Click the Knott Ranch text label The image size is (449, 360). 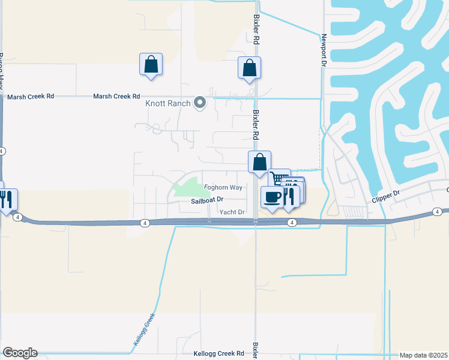pyautogui.click(x=168, y=104)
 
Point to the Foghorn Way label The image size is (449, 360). pyautogui.click(x=223, y=188)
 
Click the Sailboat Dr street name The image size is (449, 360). pyautogui.click(x=207, y=200)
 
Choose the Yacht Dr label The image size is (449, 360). pyautogui.click(x=232, y=212)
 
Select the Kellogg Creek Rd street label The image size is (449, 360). pyautogui.click(x=218, y=354)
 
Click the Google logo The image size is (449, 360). pyautogui.click(x=20, y=353)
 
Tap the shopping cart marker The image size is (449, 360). pyautogui.click(x=279, y=179)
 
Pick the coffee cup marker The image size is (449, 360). pyautogui.click(x=272, y=197)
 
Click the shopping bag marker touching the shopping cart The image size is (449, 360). pyautogui.click(x=259, y=162)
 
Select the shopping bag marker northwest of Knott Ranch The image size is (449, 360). pyautogui.click(x=151, y=64)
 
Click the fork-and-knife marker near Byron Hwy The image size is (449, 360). pyautogui.click(x=7, y=200)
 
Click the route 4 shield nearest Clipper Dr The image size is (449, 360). pyautogui.click(x=438, y=212)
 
